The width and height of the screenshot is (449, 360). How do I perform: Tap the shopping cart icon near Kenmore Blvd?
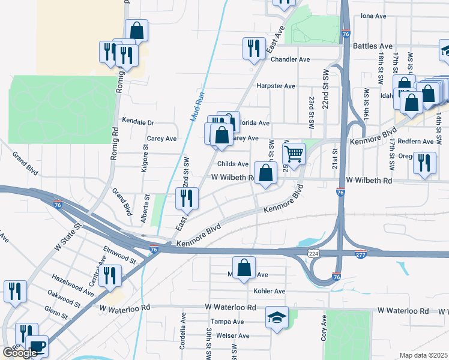pos(294,153)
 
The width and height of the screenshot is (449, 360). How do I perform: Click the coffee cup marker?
pos(37,346)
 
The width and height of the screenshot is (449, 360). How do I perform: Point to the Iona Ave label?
pos(372,16)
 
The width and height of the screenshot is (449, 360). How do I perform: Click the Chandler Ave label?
pos(290,59)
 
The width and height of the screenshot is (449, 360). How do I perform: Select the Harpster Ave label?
pos(276,86)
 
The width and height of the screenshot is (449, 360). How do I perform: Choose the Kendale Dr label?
pos(138,121)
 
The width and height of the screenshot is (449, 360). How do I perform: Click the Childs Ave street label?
pos(233,164)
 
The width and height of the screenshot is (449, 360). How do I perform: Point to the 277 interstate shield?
pos(361,254)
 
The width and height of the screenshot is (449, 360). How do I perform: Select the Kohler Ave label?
pos(269,291)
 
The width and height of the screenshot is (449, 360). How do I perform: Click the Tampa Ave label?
pos(231,322)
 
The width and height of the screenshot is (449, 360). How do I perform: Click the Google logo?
pos(19,353)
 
